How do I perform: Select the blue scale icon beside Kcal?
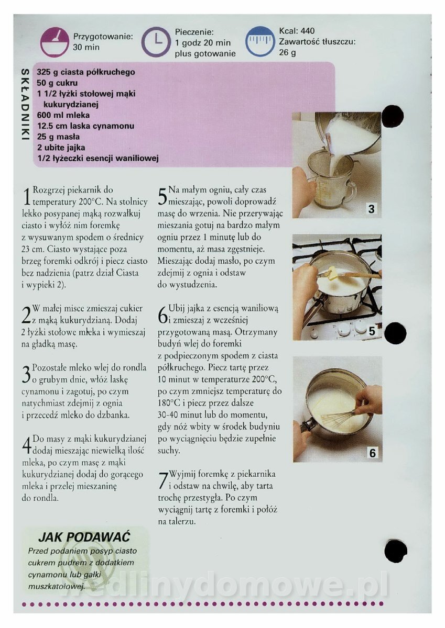[259, 41]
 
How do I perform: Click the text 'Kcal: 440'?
[297, 31]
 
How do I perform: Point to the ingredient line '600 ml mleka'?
[63, 115]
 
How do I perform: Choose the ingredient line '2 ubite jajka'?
[61, 148]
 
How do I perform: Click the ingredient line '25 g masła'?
[58, 137]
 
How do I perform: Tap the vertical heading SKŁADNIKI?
[25, 105]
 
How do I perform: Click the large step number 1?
[26, 197]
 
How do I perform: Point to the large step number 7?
[162, 481]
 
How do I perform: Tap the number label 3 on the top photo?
[371, 209]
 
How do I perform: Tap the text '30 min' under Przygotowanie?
[86, 47]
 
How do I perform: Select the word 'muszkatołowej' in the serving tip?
[56, 587]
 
